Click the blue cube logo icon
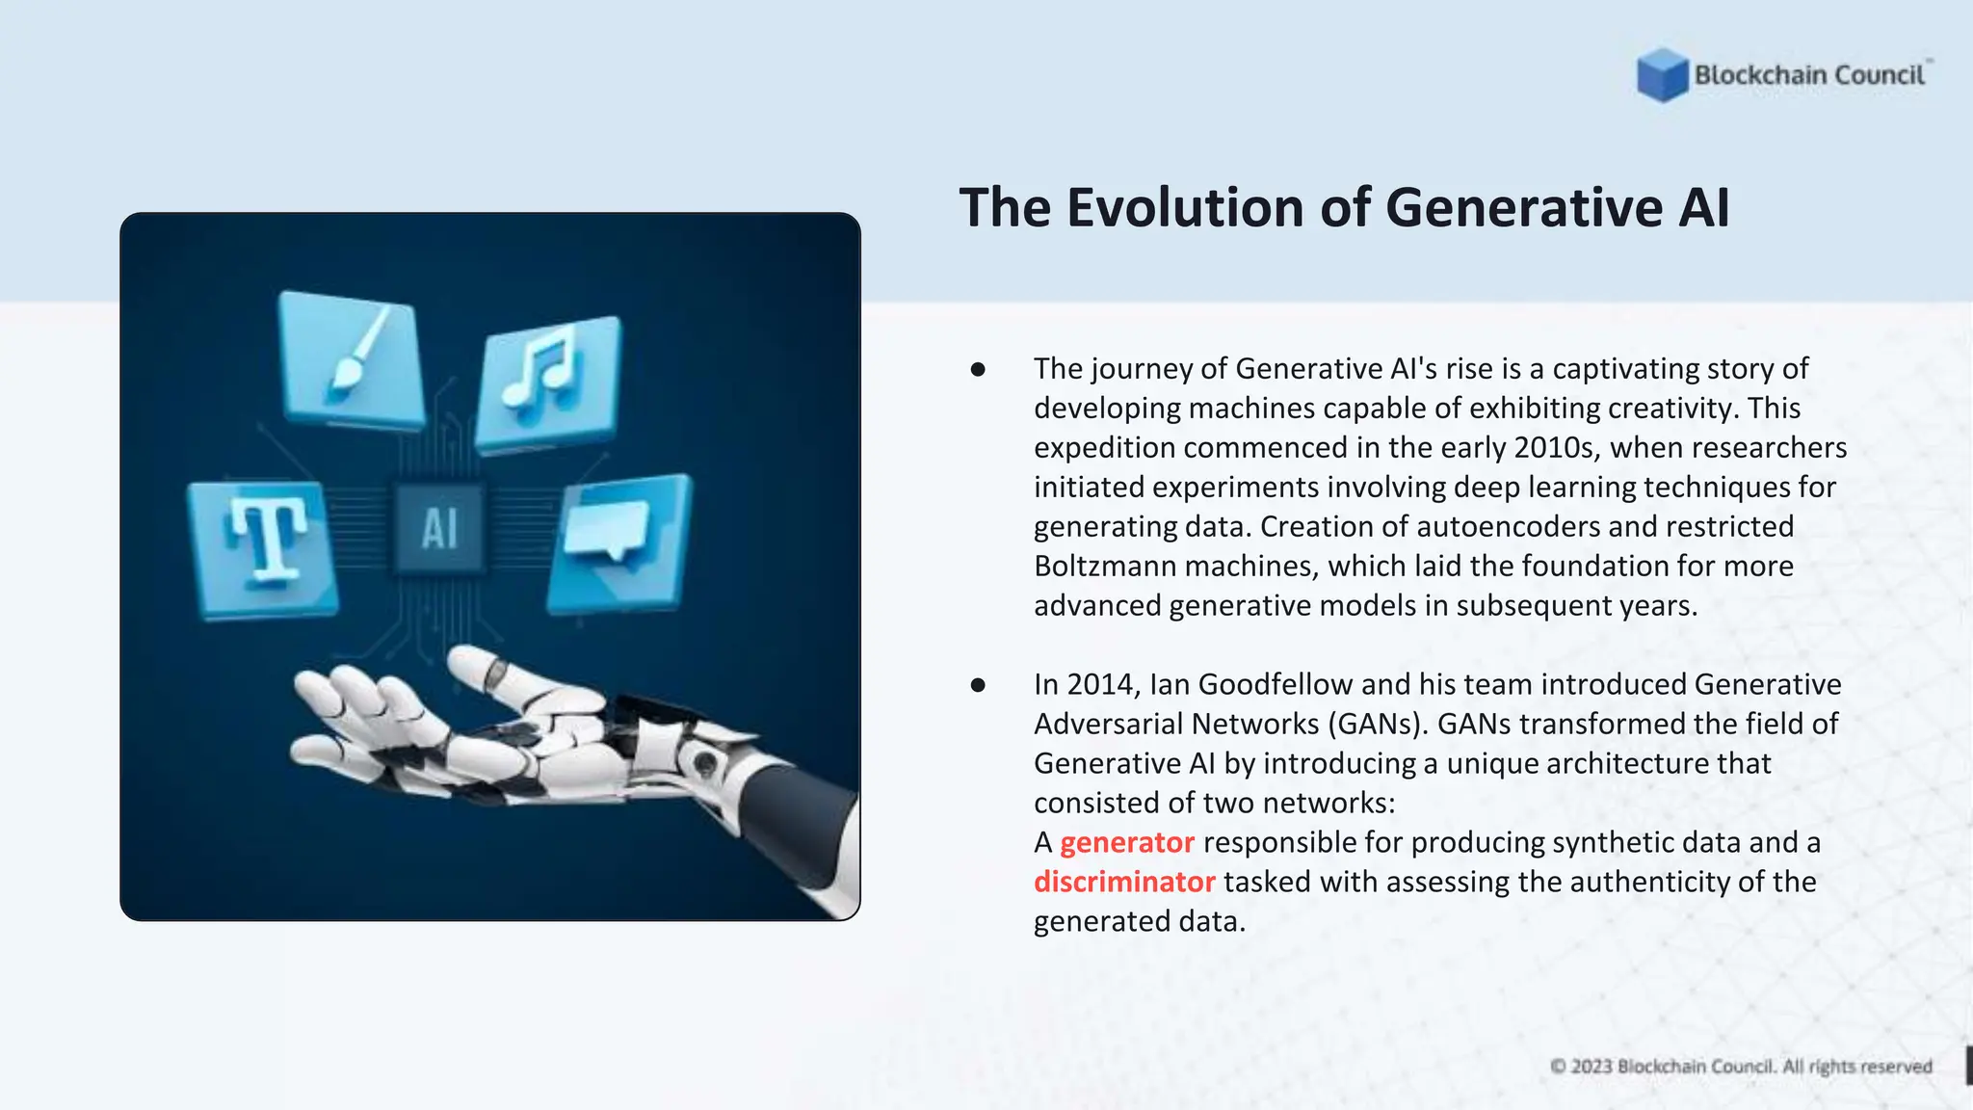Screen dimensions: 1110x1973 click(x=1662, y=75)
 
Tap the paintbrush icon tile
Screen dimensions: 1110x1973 click(x=352, y=360)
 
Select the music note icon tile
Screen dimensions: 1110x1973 click(x=549, y=382)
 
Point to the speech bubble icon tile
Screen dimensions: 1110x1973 click(x=619, y=542)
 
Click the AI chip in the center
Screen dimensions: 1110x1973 click(x=439, y=528)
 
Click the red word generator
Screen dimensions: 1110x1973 click(x=1126, y=843)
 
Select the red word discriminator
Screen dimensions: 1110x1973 click(x=1123, y=883)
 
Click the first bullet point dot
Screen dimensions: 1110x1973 click(x=978, y=369)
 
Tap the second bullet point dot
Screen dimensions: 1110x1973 click(x=978, y=685)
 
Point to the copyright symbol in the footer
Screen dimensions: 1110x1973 click(x=1558, y=1067)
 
